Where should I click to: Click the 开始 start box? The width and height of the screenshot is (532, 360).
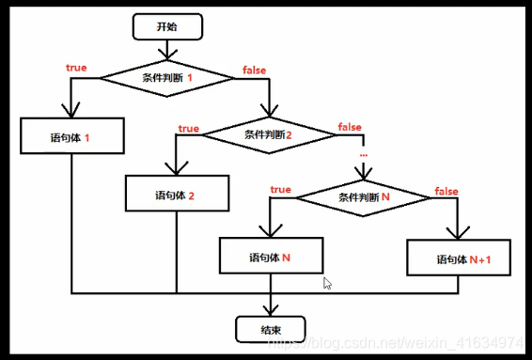(166, 26)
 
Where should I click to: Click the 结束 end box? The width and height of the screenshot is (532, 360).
(270, 328)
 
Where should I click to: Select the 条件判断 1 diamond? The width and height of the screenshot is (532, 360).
(167, 77)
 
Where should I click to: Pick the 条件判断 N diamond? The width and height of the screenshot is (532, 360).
(363, 198)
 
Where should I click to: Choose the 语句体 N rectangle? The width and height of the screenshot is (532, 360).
(271, 256)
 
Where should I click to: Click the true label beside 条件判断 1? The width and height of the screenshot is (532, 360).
(76, 68)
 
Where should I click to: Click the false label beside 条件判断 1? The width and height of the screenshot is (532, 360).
(253, 70)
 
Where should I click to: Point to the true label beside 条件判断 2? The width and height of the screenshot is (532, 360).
(188, 129)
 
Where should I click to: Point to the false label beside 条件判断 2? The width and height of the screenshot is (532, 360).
(350, 128)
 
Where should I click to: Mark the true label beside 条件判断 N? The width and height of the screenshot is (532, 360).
(280, 190)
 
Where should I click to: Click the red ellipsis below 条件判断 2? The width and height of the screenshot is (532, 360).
(363, 152)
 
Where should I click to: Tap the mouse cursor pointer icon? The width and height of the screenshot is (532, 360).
(327, 282)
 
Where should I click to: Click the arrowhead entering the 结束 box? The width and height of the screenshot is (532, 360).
(270, 309)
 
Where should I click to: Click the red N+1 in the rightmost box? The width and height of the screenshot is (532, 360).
(481, 258)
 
